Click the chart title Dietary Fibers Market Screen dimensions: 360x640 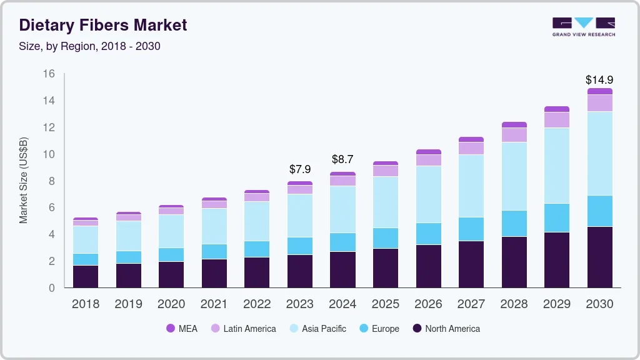tap(103, 25)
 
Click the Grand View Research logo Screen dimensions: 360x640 tap(584, 26)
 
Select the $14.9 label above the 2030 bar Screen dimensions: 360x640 tap(599, 80)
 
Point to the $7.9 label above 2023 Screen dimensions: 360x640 tap(300, 169)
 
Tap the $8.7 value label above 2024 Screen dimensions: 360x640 tap(342, 159)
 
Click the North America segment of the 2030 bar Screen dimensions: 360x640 tap(599, 257)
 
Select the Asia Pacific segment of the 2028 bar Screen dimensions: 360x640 tap(514, 176)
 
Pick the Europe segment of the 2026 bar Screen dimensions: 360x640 tap(428, 234)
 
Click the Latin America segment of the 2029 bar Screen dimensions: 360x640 tap(556, 120)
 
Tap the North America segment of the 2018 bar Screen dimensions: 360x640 tap(86, 276)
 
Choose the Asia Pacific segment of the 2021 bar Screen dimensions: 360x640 tap(214, 226)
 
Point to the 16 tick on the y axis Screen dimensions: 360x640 tap(49, 74)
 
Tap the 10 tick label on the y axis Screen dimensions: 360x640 tap(49, 154)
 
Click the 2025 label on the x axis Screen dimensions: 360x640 tap(386, 304)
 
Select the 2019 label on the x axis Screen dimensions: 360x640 tap(128, 304)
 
